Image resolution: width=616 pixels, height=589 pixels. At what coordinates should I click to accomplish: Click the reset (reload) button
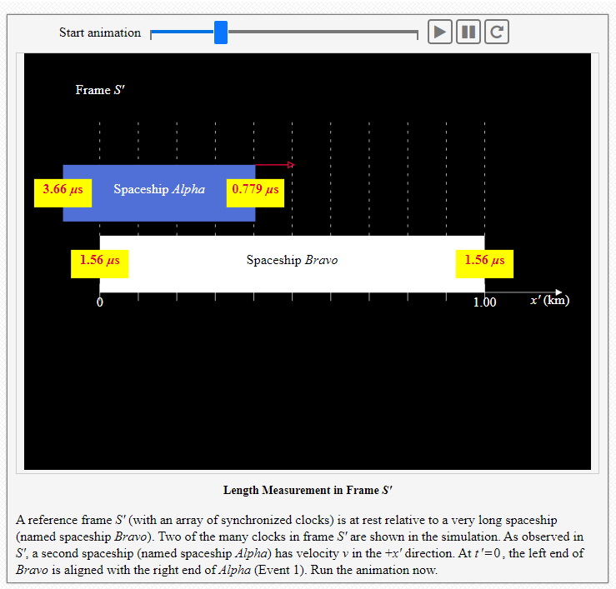click(x=496, y=32)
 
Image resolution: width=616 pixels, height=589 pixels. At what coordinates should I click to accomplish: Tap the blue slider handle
click(x=221, y=32)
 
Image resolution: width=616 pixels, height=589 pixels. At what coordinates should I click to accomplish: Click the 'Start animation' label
click(x=100, y=32)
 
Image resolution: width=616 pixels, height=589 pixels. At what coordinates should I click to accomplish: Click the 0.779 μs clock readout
click(x=255, y=189)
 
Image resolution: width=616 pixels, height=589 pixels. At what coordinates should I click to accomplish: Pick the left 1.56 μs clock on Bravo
click(x=99, y=260)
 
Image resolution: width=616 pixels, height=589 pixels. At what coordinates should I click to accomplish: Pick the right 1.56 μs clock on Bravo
click(x=484, y=260)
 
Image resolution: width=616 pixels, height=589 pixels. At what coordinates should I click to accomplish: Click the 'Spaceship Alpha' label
click(x=159, y=189)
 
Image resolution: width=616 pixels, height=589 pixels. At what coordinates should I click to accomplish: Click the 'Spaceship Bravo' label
click(x=292, y=260)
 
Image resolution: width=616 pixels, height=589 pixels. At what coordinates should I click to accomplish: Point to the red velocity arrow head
click(x=290, y=164)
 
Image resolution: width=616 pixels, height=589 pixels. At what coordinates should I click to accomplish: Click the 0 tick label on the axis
click(x=99, y=302)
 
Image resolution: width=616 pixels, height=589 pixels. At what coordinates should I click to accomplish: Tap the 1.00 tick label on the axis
click(x=484, y=302)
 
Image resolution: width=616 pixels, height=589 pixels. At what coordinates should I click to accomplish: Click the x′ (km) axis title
click(x=549, y=300)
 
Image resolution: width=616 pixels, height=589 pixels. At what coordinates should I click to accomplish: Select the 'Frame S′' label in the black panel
click(x=100, y=90)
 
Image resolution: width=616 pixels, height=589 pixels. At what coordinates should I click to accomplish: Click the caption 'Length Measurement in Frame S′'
click(x=308, y=490)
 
